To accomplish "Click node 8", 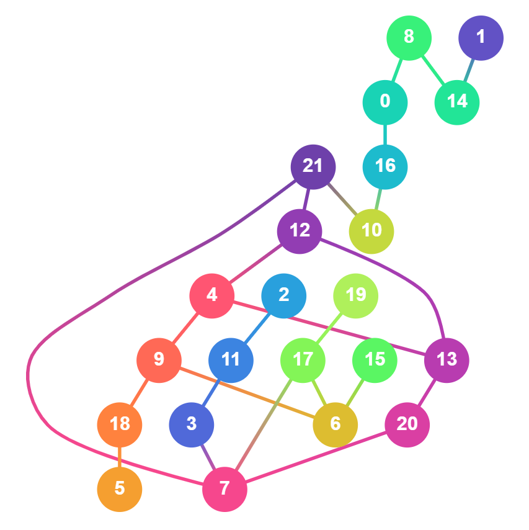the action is coord(409,37).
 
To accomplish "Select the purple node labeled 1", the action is coord(481,38).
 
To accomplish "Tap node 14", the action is coord(457,102).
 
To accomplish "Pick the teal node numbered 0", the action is coord(385,102).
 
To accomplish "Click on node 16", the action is coord(385,166).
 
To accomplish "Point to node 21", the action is coord(313,166).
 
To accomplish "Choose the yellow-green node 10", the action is coord(371,231).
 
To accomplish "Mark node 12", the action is coord(300,231).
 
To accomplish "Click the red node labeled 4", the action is coord(212,295).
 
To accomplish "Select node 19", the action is coord(356,295).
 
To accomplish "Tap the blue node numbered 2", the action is coord(284,295).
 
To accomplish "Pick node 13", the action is coord(447,360).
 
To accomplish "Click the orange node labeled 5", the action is coord(120,489).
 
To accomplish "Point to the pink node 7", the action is coord(224,489).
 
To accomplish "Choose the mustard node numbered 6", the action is coord(336,424).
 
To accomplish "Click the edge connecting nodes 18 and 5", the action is coord(120,457).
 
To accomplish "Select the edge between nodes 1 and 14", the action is coord(469,70).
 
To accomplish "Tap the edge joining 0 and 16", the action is coord(385,134).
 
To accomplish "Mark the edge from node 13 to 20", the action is coord(427,392).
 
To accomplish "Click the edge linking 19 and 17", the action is coord(329,328).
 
